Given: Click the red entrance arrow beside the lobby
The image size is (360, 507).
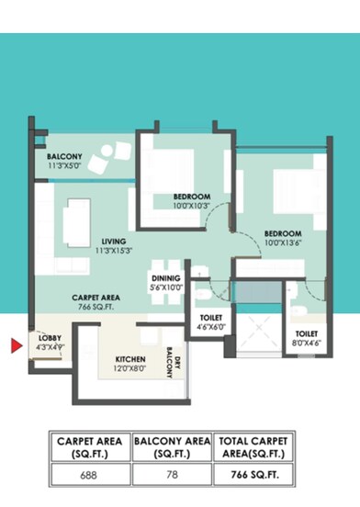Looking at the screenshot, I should [16, 345].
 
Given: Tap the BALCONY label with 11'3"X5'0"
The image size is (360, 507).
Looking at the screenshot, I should [64, 161].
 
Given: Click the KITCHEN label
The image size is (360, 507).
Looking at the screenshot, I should [130, 364].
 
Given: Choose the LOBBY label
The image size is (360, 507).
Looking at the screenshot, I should [50, 344].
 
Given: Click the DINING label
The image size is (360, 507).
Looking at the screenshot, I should [166, 282].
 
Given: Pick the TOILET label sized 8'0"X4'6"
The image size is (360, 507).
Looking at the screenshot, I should [306, 338].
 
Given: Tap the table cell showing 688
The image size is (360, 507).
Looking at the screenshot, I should [90, 473].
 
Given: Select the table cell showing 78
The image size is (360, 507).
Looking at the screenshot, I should [172, 473].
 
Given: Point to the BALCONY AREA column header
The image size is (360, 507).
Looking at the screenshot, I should [172, 446].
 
